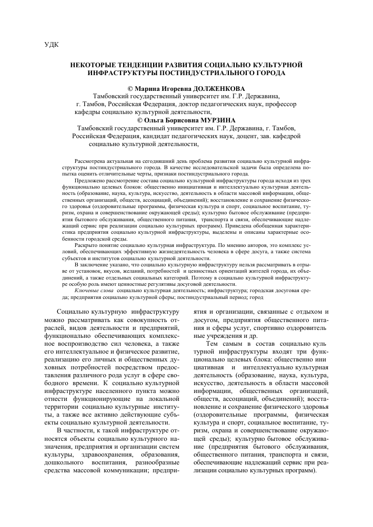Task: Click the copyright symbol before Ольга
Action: [139, 119]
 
